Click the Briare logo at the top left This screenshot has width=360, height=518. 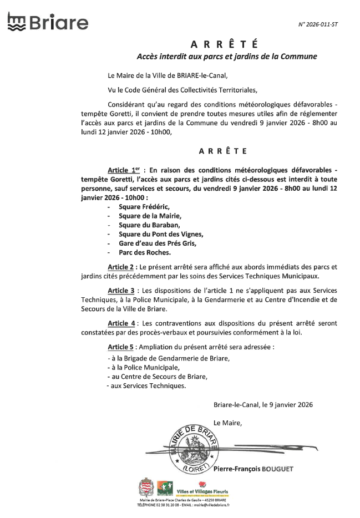point(48,23)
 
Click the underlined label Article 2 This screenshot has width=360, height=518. point(121,267)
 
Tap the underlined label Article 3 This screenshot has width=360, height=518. point(121,291)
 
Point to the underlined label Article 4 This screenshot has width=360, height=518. point(121,323)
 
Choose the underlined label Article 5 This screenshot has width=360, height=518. point(121,347)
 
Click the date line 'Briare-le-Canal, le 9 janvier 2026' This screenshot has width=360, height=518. point(263,405)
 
